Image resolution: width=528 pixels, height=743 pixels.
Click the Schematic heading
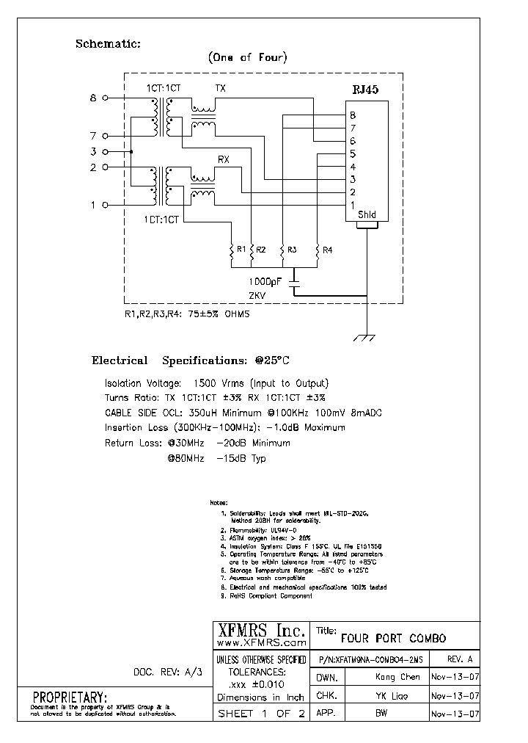(x=108, y=44)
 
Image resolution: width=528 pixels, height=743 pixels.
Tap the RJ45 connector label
(x=367, y=91)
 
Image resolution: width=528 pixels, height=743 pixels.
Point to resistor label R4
(x=327, y=250)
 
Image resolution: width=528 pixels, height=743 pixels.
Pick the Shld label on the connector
(x=367, y=214)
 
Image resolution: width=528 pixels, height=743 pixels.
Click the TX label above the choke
(x=221, y=88)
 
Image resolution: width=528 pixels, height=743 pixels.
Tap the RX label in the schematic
(x=224, y=159)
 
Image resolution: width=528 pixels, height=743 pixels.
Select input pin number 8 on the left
(x=93, y=97)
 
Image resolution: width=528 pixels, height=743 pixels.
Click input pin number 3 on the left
(x=93, y=151)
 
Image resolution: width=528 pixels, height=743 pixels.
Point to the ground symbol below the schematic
(x=364, y=338)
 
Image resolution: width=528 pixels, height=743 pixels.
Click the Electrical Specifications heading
(x=191, y=360)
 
